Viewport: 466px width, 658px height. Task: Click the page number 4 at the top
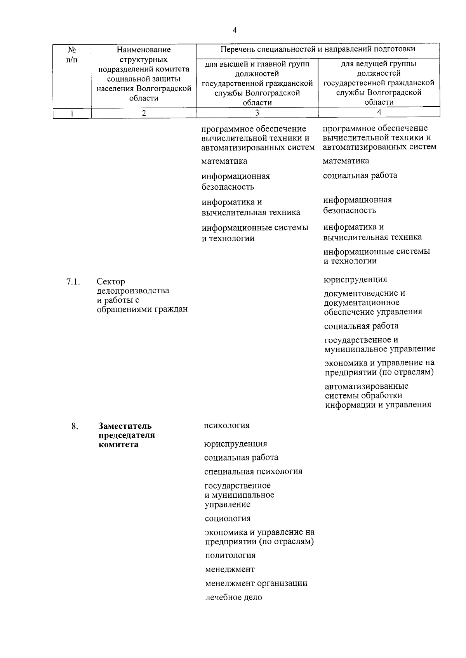[x=235, y=30]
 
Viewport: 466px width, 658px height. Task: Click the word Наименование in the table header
[x=144, y=50]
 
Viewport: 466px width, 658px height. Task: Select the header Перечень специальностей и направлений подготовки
[x=318, y=49]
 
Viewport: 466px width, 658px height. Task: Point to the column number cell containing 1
[x=71, y=113]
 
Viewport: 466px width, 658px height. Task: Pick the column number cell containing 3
[x=257, y=113]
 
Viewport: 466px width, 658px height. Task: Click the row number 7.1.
[x=73, y=282]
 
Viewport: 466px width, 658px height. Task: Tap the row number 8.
[x=75, y=426]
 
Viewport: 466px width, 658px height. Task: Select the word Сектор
[x=111, y=282]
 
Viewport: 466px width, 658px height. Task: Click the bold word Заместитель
[x=125, y=426]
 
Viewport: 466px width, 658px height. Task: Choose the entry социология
[x=228, y=518]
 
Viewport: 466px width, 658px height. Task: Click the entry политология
[x=230, y=555]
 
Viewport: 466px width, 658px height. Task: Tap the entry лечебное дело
[x=233, y=597]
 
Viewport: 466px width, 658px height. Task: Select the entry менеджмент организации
[x=256, y=583]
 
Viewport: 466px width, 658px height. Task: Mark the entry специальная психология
[x=253, y=472]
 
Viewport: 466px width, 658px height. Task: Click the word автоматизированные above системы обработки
[x=367, y=386]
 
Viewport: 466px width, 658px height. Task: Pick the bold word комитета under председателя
[x=118, y=445]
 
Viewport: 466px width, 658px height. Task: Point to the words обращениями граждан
[x=142, y=309]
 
